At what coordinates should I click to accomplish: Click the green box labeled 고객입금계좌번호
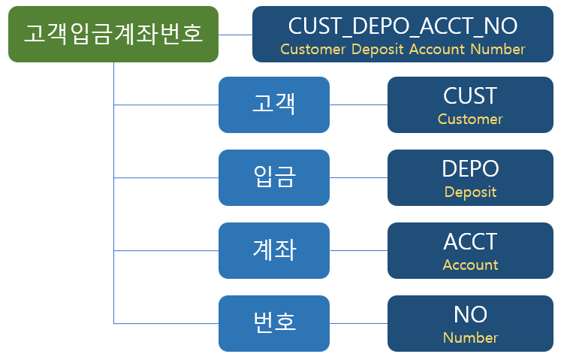(x=113, y=34)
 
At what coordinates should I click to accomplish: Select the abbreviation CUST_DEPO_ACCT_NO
(x=403, y=26)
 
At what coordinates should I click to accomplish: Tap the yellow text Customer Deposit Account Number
(x=403, y=50)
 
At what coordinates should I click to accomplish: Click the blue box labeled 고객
(x=274, y=104)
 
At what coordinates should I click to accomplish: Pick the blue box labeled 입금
(x=274, y=177)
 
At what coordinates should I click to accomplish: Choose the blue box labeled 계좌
(x=274, y=250)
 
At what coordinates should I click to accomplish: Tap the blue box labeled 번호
(x=274, y=323)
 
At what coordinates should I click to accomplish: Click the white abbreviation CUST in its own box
(x=470, y=96)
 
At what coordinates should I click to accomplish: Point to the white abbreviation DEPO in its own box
(x=470, y=168)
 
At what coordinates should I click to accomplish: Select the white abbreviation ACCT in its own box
(x=470, y=242)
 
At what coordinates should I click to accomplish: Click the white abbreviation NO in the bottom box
(x=470, y=314)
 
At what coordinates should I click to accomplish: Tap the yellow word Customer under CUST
(x=470, y=119)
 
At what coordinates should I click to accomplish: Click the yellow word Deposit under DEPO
(x=470, y=192)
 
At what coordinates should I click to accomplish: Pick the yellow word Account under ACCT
(x=470, y=265)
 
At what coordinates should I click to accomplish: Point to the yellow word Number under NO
(x=470, y=337)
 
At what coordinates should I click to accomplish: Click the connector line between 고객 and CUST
(x=358, y=105)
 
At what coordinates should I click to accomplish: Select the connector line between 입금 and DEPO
(x=358, y=177)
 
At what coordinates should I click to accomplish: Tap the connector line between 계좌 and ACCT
(x=358, y=251)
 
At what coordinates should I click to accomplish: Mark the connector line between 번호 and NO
(x=358, y=323)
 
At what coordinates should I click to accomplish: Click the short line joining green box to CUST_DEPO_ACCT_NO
(x=235, y=35)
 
